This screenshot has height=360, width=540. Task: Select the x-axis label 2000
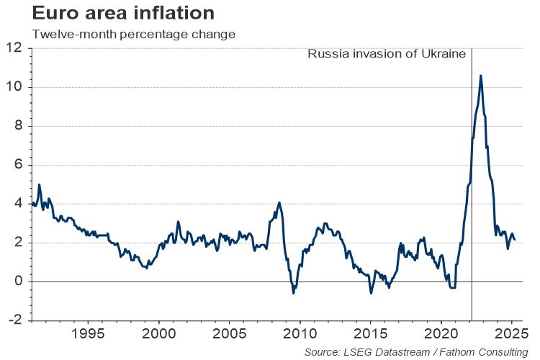pos(159,335)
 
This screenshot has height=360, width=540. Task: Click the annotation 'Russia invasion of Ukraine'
pos(387,54)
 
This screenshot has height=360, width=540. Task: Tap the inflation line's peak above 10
pos(481,76)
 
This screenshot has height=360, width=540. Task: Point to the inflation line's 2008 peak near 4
pos(279,203)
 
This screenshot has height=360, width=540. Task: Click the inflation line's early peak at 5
pos(39,185)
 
